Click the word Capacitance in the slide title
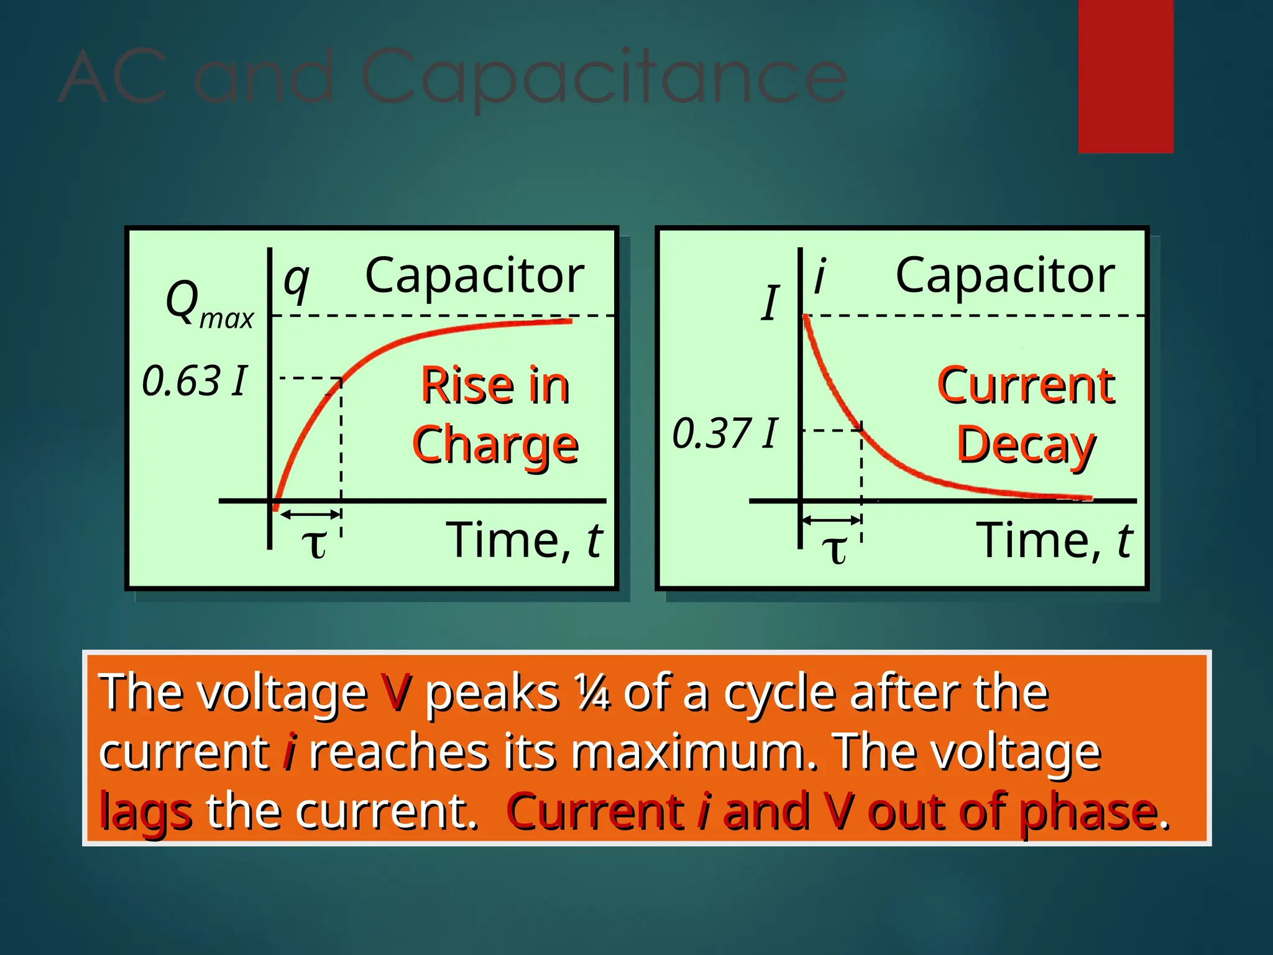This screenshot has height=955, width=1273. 603,78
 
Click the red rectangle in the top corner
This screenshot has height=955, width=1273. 1125,76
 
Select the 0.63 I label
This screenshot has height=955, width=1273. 195,381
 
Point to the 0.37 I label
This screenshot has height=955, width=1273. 725,433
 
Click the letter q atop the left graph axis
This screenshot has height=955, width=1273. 296,281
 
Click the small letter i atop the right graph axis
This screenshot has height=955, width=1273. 820,277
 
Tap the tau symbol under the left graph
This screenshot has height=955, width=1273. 314,544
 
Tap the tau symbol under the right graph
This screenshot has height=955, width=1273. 834,549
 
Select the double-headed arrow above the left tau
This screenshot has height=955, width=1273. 310,514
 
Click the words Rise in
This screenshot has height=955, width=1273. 495,385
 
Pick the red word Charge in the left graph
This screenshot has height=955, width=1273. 495,445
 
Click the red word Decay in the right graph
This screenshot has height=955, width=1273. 1026,445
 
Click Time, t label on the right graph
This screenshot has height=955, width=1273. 1054,540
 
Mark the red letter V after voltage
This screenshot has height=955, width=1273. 396,692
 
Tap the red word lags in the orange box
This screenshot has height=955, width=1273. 145,812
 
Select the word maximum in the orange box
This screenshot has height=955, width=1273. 693,752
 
